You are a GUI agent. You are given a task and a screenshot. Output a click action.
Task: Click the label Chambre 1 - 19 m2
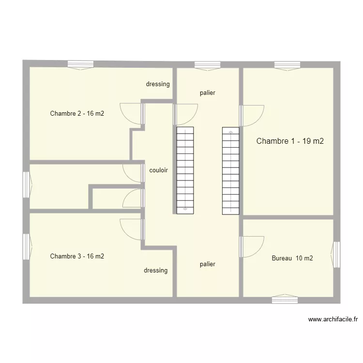tap(290, 141)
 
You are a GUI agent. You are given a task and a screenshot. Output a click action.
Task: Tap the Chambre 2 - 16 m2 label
tap(77, 114)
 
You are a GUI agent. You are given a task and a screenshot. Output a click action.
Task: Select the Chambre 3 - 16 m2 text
tap(77, 256)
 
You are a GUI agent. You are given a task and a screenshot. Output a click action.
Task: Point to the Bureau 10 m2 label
tap(292, 258)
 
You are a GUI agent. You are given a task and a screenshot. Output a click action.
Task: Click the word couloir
tap(159, 170)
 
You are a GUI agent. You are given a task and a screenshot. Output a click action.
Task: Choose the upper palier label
tap(207, 93)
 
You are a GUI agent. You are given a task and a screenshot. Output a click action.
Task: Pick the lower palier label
tap(207, 264)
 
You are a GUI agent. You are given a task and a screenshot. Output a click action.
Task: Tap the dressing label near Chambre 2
tap(158, 84)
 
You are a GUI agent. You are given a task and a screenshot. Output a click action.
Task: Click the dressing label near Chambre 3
tap(155, 271)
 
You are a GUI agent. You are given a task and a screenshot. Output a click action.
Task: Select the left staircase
tap(185, 170)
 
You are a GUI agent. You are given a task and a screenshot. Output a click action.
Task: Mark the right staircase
tap(231, 170)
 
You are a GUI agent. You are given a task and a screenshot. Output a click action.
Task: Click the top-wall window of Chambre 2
tap(80, 65)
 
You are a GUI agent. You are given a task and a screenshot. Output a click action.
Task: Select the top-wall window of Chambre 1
tap(287, 65)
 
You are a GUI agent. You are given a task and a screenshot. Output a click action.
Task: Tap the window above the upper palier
tap(207, 65)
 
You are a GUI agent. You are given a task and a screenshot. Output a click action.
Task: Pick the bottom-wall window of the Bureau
tap(285, 300)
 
